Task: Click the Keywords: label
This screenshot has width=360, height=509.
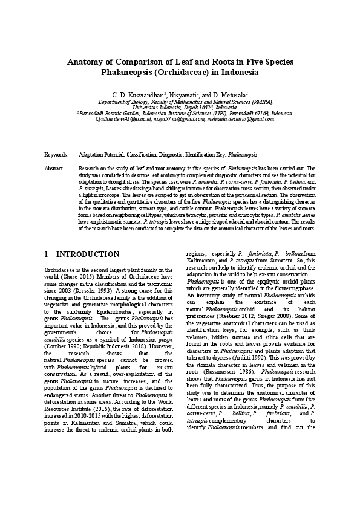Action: click(56, 155)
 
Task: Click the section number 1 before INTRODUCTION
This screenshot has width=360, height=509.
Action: click(47, 254)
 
